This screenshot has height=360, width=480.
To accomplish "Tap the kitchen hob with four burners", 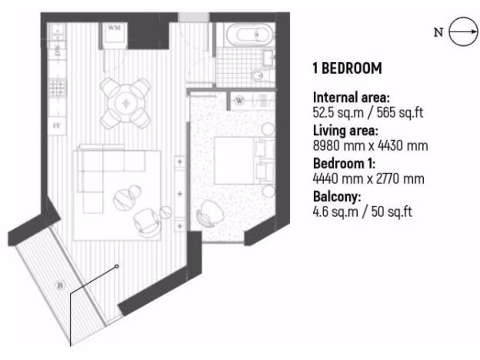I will coord(58,88).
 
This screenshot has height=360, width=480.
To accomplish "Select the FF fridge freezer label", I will coord(57,126).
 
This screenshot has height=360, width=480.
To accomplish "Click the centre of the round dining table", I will coord(125,103).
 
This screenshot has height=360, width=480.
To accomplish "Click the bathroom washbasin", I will coord(269,58).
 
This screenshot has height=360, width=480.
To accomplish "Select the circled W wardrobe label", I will coord(240,101).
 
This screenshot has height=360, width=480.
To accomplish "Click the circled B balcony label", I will coord(60,285).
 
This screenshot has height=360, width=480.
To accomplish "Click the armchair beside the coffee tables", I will coord(147,221).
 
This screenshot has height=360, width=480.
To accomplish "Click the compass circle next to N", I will coord(464,32).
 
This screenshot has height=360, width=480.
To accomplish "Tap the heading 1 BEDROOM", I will coord(347,68).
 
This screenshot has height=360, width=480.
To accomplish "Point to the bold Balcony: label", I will coord(337,196).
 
